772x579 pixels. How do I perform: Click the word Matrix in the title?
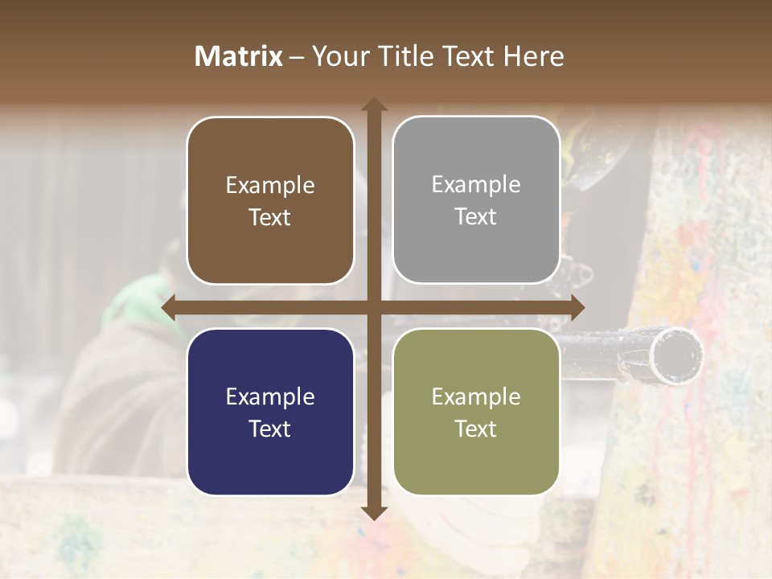[239, 56]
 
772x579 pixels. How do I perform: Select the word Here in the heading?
[534, 56]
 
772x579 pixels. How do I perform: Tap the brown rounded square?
[270, 200]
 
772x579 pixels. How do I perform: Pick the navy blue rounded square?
[270, 412]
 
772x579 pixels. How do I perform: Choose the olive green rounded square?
[476, 412]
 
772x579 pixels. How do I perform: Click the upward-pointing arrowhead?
[374, 104]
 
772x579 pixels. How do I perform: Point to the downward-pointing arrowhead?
[374, 512]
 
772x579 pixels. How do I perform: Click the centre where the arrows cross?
[374, 308]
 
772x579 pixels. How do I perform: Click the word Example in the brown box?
[270, 185]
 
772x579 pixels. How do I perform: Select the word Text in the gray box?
[476, 216]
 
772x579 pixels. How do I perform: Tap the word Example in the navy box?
[270, 396]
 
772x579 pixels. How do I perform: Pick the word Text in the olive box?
[476, 429]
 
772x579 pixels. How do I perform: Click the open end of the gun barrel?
[678, 354]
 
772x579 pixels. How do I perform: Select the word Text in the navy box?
[270, 429]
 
